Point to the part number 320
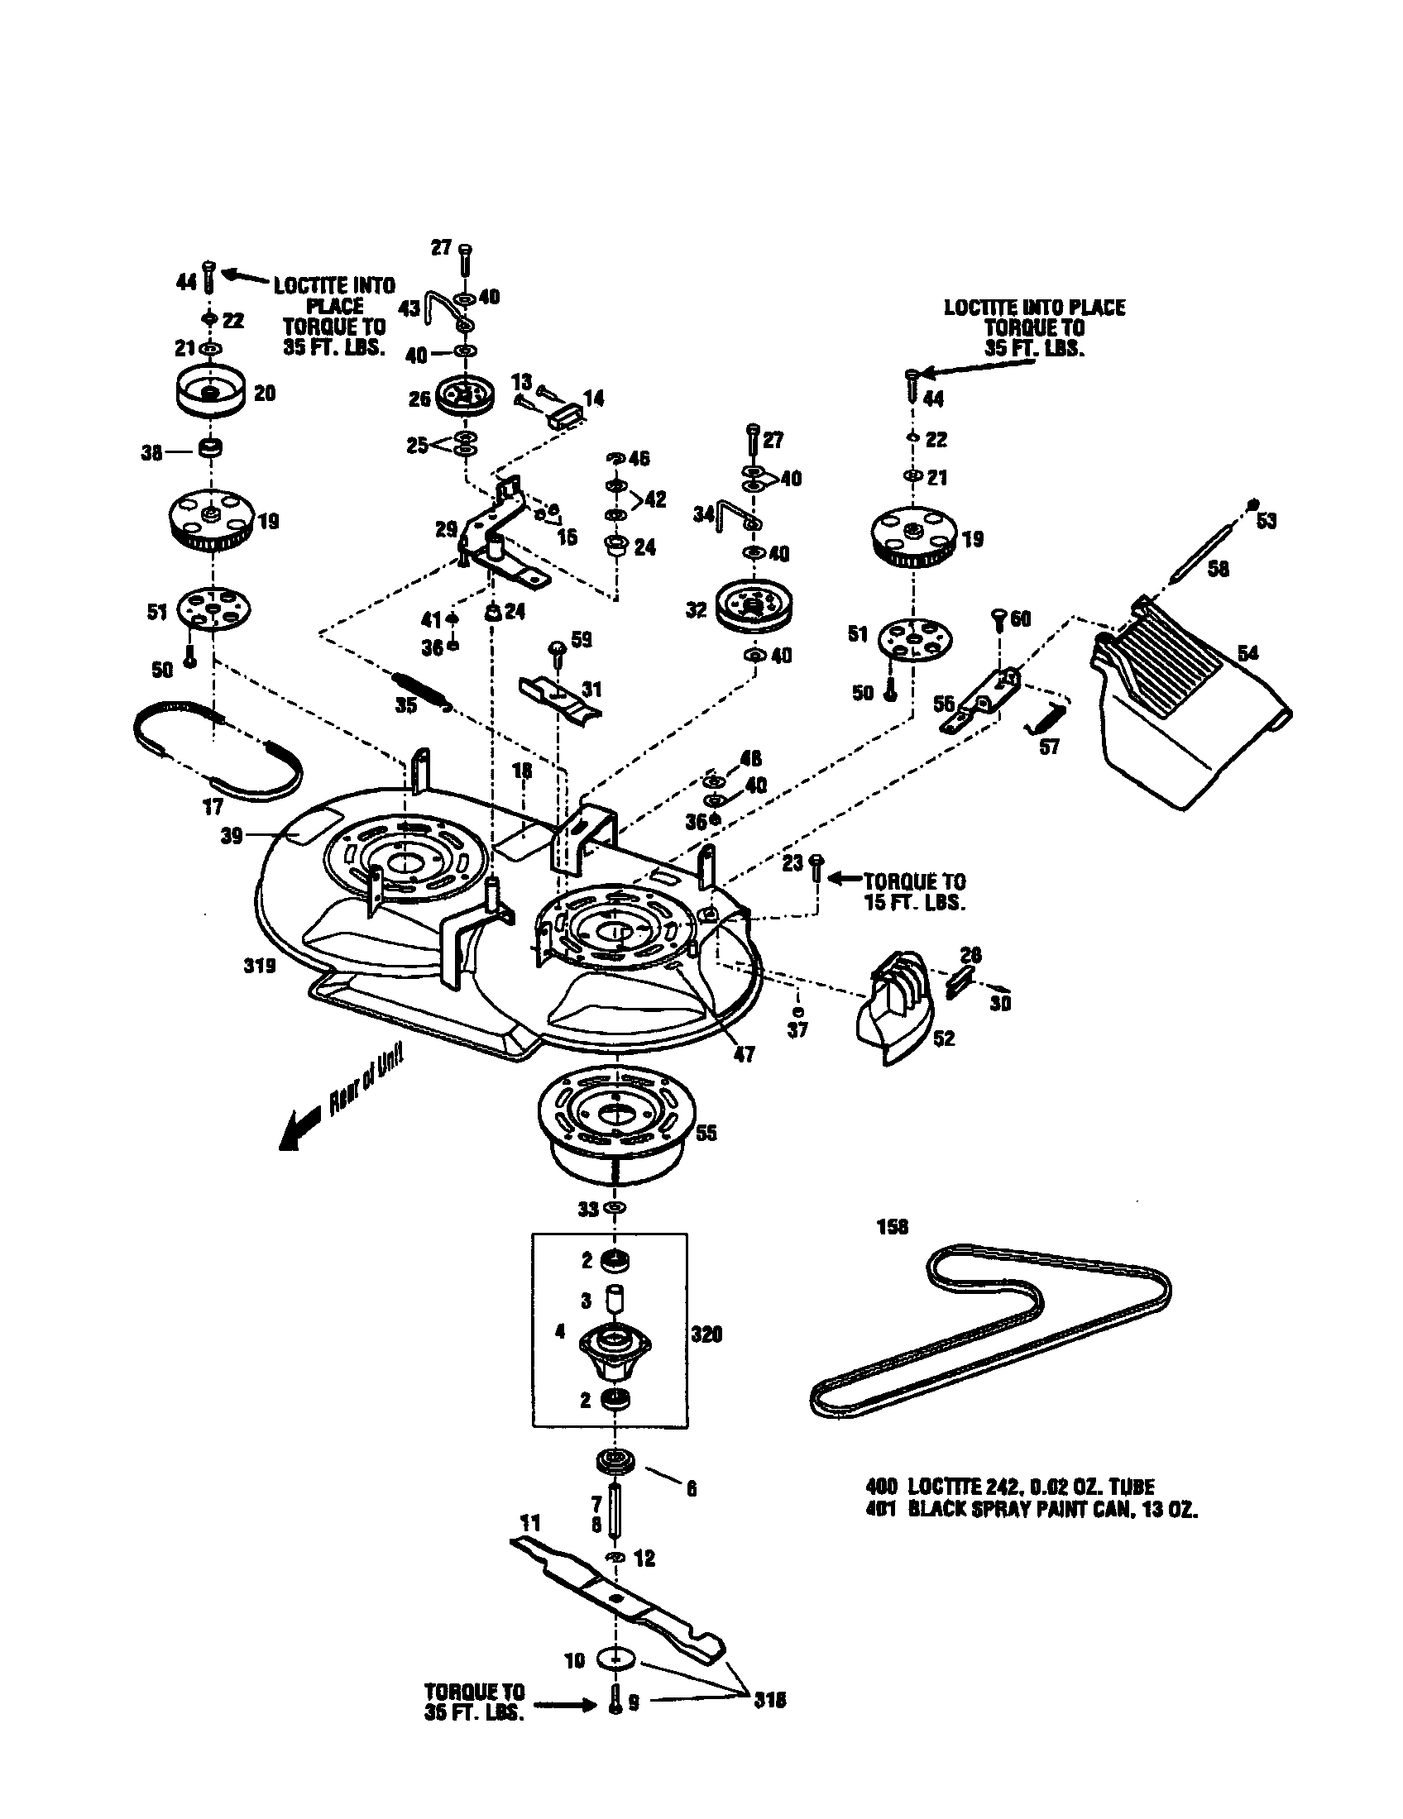click(x=706, y=1334)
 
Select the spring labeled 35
click(x=422, y=688)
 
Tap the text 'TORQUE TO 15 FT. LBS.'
click(x=914, y=891)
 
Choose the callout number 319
click(x=259, y=966)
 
